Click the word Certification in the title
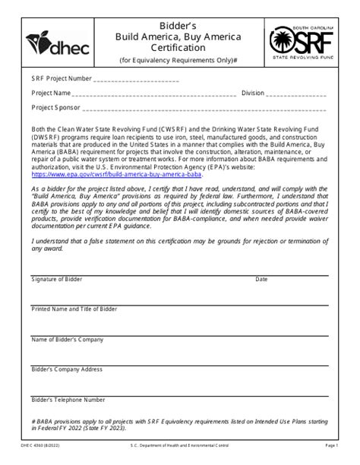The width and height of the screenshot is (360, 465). coord(179,48)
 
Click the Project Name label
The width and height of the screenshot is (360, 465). coord(52,93)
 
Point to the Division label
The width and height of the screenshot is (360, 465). coord(254,93)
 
